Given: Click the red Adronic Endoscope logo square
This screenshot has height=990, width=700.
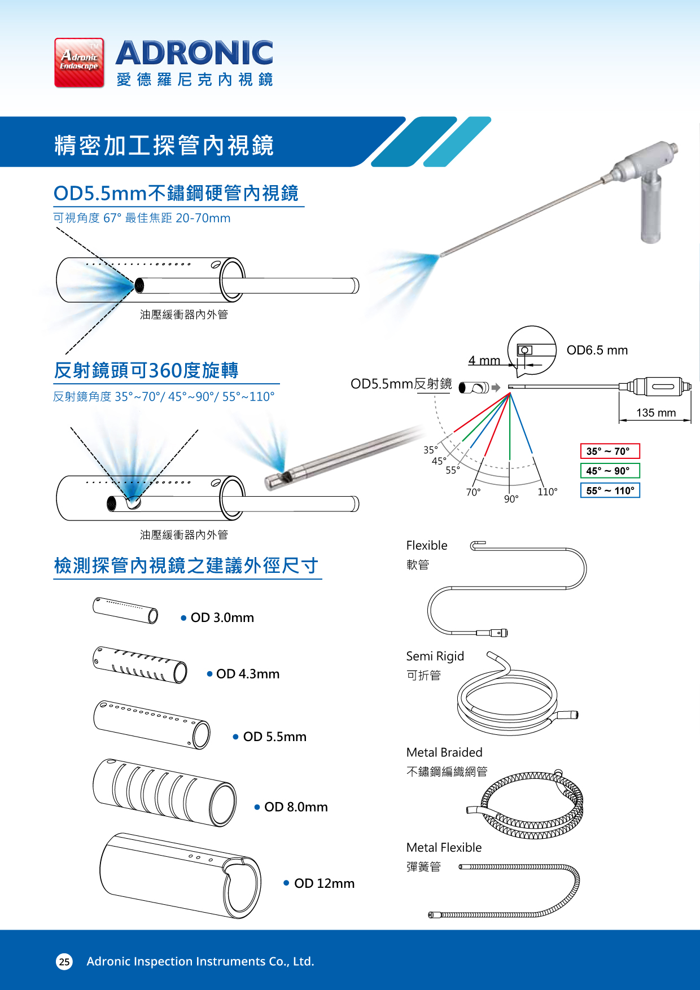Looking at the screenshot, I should coord(79,63).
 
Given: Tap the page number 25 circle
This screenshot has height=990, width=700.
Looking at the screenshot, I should coord(64,961).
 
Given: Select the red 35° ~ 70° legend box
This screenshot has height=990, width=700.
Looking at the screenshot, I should coord(610,451).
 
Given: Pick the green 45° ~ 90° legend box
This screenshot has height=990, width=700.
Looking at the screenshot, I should coord(610,471).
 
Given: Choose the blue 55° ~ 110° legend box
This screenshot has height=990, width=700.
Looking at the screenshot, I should coord(610,490).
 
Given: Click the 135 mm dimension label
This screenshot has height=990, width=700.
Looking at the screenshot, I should coord(655,413).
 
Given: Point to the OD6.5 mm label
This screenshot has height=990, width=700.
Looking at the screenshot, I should coord(597,350).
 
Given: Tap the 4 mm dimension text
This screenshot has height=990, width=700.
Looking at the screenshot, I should coord(484,360).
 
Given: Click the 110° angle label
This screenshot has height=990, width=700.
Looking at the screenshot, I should coord(547,492).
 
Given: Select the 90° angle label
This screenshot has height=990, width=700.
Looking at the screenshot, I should coord(511,499).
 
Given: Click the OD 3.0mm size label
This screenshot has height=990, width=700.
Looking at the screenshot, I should coord(222,617).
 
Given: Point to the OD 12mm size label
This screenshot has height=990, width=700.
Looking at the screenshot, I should coord(324,883).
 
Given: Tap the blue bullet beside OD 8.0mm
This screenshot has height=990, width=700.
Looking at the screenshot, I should coord(257,807).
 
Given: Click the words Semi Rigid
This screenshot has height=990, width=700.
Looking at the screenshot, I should coord(435,656).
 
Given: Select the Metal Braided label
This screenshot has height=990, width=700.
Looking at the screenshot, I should coord(444,752).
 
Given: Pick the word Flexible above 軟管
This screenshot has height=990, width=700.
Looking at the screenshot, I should coord(426,545).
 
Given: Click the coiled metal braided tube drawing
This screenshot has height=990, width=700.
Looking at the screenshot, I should coord(531,804).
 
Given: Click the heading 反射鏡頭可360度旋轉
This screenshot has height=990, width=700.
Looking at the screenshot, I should coord(146,370).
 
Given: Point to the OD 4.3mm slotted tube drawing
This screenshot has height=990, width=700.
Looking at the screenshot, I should coord(140,665).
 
